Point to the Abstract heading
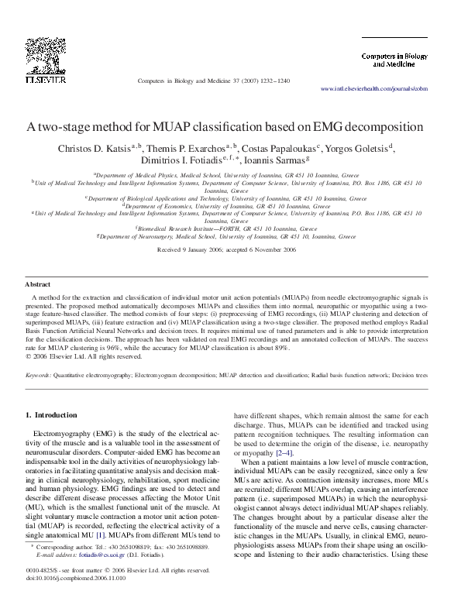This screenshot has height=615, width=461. pos(38,285)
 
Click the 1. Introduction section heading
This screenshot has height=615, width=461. pos(51,415)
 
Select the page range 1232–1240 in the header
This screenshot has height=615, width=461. pos(272,81)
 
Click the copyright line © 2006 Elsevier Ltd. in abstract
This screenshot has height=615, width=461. pos(75,356)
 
